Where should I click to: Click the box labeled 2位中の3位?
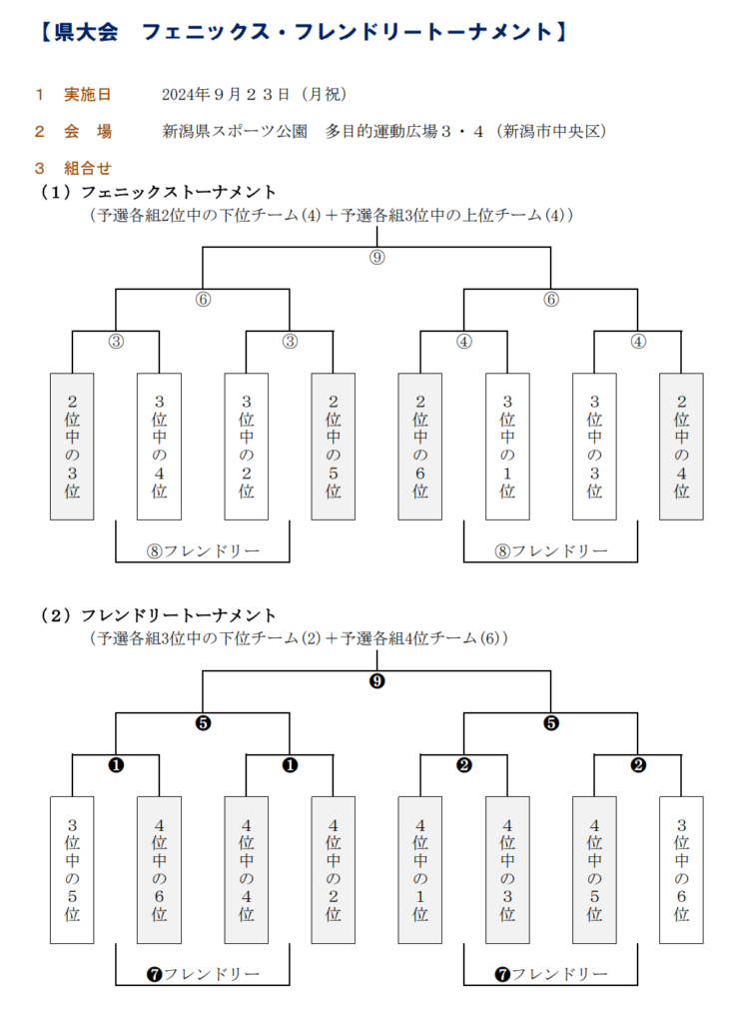pos(72,446)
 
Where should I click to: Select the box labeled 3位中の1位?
pos(507,446)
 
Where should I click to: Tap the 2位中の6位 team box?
pos(420,446)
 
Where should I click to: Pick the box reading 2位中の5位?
pos(334,446)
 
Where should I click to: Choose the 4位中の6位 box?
pos(160,869)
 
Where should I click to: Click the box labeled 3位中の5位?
pos(72,869)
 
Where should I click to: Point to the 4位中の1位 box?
pos(420,869)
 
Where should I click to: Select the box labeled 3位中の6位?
pos(681,869)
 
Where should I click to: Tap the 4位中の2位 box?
pos(334,869)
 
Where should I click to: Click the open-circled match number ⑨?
pos(376,258)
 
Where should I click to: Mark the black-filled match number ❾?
pos(376,681)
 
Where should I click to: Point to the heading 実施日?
pos(87,95)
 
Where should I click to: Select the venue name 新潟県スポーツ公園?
pos(234,131)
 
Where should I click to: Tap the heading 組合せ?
pos(87,167)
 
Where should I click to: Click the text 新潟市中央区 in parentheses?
pos(555,131)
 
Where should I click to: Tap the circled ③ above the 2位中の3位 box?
pos(116,341)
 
